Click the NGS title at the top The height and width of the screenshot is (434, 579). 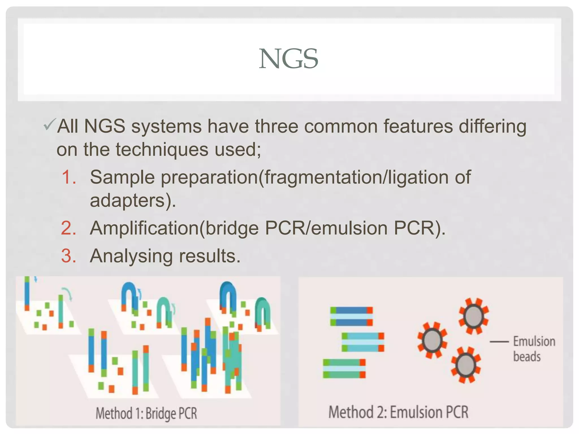[x=289, y=59]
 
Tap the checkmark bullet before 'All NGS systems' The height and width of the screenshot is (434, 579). [x=50, y=125]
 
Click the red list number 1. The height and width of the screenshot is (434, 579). [x=69, y=177]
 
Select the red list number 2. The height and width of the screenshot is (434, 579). [x=69, y=228]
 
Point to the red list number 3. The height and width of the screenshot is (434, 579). [x=69, y=256]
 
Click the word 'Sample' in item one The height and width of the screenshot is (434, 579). [x=122, y=177]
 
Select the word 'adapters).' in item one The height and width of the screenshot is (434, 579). [x=133, y=201]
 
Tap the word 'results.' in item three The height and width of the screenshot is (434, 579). [x=209, y=256]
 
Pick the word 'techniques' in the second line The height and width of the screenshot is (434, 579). [x=162, y=150]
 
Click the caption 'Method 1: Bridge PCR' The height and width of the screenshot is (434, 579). [x=146, y=413]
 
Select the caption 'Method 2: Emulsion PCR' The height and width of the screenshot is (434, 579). [x=398, y=412]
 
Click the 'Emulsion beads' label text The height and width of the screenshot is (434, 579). [x=534, y=349]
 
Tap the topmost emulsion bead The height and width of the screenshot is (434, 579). [x=474, y=316]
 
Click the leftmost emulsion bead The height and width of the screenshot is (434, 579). [x=432, y=340]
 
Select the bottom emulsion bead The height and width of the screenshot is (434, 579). [x=466, y=365]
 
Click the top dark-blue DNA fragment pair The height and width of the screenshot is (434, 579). [x=351, y=316]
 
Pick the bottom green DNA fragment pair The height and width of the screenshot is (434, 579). [x=344, y=368]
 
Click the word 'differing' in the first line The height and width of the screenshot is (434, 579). [x=492, y=126]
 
